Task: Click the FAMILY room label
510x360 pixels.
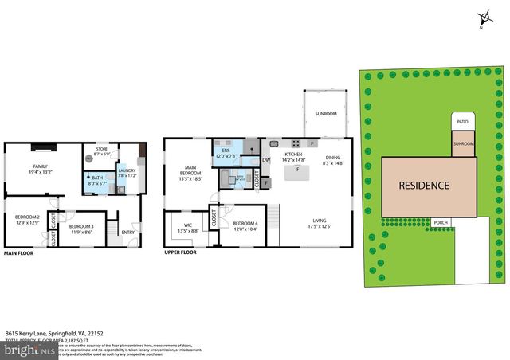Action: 18,166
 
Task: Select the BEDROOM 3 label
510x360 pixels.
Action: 80,228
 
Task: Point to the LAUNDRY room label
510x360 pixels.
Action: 127,170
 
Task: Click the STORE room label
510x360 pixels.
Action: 101,149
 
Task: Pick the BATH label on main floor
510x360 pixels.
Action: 97,178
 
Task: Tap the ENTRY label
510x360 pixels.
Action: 127,232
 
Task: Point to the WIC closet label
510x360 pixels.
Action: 188,225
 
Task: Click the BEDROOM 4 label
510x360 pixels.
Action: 245,223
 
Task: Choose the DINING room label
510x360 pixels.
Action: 332,158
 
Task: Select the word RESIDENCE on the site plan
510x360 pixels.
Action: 424,186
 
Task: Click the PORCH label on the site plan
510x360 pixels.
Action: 441,222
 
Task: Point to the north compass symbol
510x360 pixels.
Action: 483,18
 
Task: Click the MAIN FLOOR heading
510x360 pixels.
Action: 22,253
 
